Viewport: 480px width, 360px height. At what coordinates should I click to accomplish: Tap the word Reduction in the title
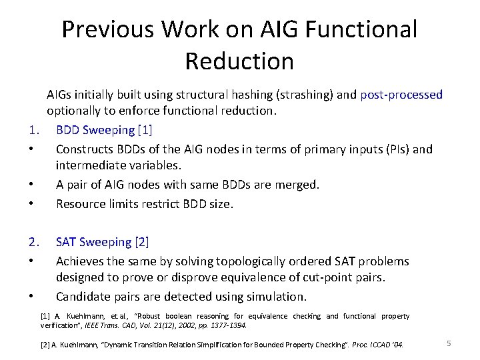point(239,61)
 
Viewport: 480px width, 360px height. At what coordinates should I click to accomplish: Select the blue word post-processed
point(401,95)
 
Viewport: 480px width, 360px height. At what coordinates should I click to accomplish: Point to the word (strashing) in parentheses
point(299,95)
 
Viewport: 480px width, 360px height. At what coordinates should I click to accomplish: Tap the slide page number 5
point(449,343)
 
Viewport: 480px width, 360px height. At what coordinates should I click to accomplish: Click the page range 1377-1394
point(227,325)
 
